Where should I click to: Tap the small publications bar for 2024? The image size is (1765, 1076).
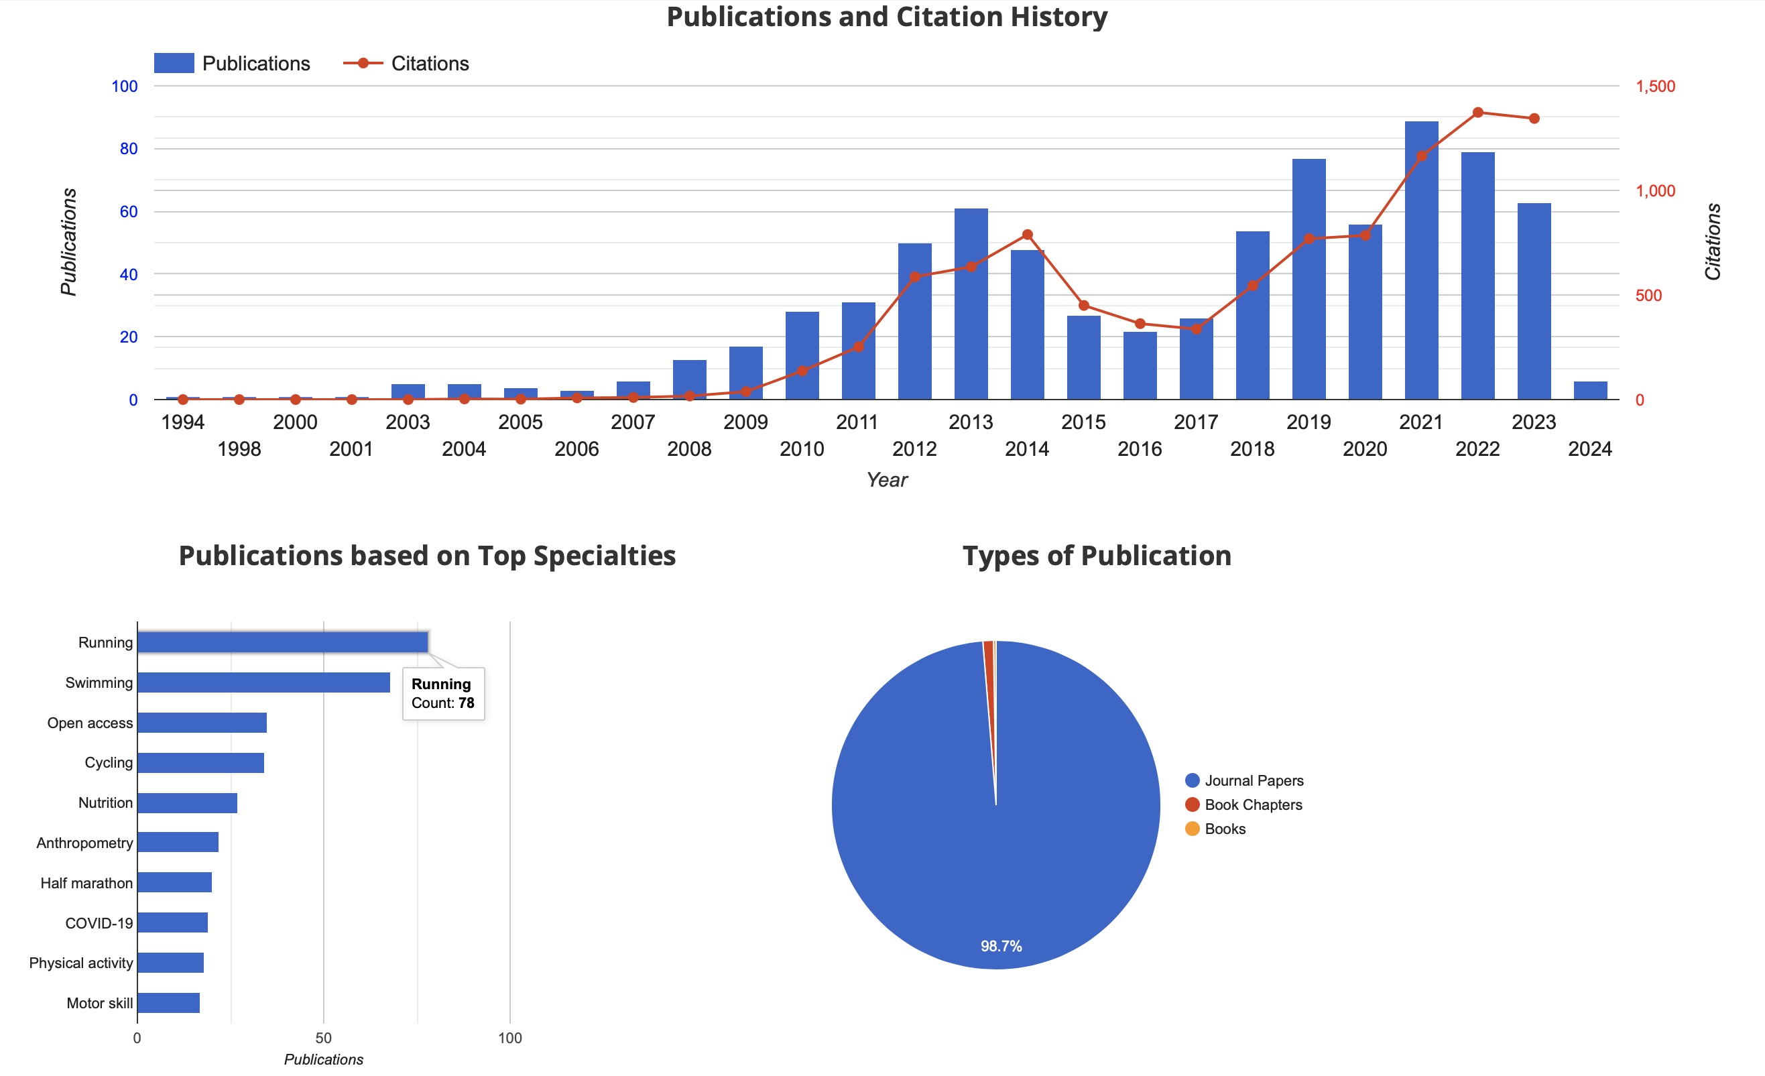coord(1589,390)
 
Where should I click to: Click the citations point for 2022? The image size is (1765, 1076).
coord(1477,113)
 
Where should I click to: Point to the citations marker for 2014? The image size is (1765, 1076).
coord(1026,235)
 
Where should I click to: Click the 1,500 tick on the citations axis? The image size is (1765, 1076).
coord(1654,86)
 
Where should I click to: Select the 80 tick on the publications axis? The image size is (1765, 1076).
coord(128,149)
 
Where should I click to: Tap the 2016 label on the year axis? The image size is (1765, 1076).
coord(1139,449)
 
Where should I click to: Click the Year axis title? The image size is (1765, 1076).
coord(887,480)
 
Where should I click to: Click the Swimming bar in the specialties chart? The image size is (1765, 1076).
coord(263,682)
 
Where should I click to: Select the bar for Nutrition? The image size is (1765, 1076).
coord(187,803)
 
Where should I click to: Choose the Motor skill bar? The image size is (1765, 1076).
coord(168,1003)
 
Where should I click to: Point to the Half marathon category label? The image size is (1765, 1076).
coord(86,884)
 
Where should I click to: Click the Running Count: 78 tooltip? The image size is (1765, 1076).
coord(442,693)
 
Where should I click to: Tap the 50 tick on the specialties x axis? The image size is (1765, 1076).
coord(323,1038)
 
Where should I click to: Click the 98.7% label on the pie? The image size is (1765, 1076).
coord(1001,947)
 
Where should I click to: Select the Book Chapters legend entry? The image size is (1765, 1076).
coord(1252,805)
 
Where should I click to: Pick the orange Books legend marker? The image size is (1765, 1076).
coord(1192,829)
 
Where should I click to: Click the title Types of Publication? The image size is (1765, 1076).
coord(1096,556)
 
